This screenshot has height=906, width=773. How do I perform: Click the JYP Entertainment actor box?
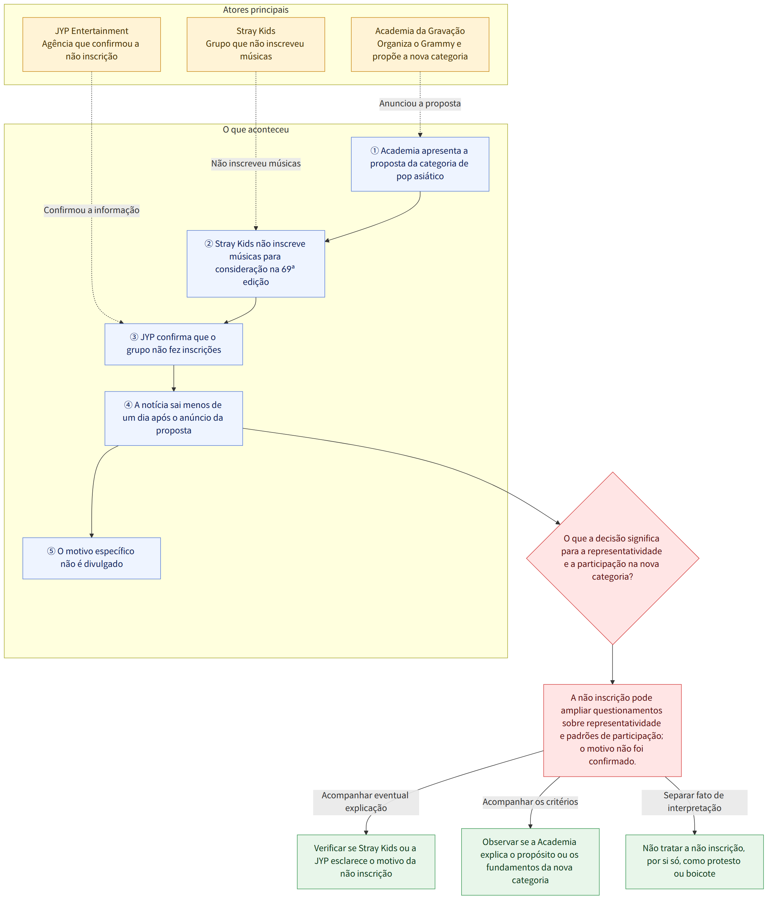(x=91, y=44)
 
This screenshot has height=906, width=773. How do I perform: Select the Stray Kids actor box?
(x=256, y=44)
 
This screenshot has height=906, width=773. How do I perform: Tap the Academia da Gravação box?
(x=420, y=44)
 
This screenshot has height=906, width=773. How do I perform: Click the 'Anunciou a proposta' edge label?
(x=420, y=104)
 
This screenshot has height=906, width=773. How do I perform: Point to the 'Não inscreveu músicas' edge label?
(x=256, y=164)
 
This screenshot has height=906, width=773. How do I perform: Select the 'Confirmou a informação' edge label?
(x=91, y=210)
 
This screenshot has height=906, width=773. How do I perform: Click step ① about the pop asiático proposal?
(x=420, y=164)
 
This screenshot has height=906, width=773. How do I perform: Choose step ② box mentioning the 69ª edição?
(x=256, y=264)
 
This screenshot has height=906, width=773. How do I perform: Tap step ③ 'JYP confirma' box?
(x=174, y=344)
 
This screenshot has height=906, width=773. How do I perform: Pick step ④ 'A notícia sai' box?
(x=174, y=418)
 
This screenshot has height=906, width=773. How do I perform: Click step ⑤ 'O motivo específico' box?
(x=91, y=558)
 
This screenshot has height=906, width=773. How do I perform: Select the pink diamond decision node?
(x=612, y=558)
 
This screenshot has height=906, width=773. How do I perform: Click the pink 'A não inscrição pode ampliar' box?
(x=612, y=730)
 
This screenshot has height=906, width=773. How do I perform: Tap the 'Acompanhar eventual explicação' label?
(x=366, y=802)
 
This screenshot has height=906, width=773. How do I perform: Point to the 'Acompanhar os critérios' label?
(x=530, y=802)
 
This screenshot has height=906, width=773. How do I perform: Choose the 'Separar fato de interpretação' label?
(x=694, y=802)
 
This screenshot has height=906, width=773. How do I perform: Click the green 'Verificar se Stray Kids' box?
(x=366, y=861)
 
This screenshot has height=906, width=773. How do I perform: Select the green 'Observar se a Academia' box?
(x=530, y=861)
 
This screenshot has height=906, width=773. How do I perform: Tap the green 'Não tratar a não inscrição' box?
(x=694, y=861)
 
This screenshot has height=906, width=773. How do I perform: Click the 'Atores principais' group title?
(x=256, y=9)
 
